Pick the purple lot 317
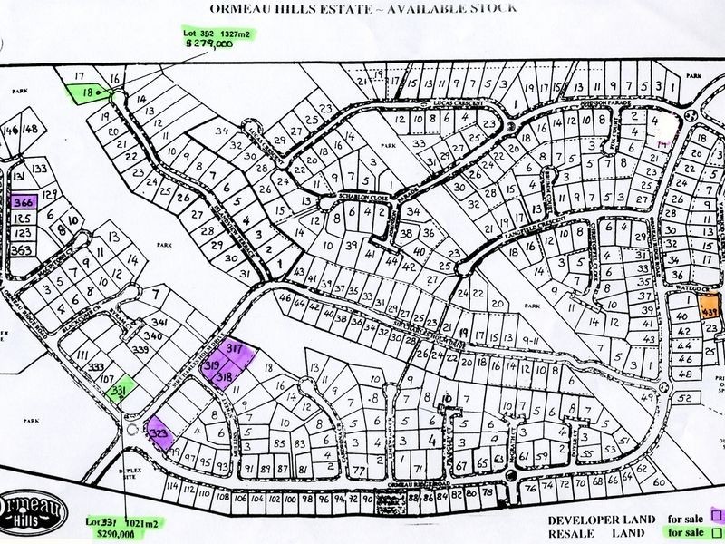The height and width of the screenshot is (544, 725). [235, 349]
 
